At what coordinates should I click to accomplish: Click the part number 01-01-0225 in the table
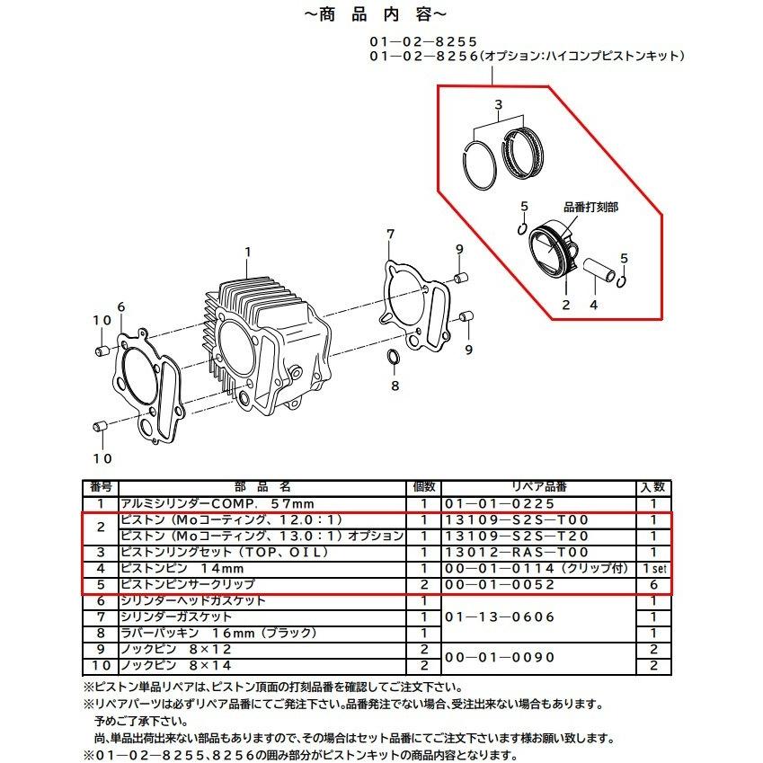500,503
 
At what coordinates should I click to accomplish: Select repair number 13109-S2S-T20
517,537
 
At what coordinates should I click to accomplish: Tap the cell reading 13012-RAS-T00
517,553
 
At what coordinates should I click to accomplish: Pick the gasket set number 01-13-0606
500,617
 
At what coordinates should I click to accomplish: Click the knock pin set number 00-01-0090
500,658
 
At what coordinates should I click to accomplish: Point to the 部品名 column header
262,487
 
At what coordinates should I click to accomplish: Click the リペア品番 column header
539,487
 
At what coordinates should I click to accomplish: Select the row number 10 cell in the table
102,666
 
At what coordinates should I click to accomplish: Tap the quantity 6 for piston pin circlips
654,585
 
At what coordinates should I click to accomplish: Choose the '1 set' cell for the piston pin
654,568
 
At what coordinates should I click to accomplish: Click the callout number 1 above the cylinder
248,252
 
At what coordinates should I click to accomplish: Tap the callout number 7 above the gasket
390,234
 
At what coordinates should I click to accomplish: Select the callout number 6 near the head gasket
121,307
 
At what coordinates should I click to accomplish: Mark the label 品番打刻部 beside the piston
590,208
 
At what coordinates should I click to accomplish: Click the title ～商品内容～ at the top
375,14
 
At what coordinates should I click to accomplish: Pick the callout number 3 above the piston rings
498,104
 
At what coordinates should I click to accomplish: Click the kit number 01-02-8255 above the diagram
423,42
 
